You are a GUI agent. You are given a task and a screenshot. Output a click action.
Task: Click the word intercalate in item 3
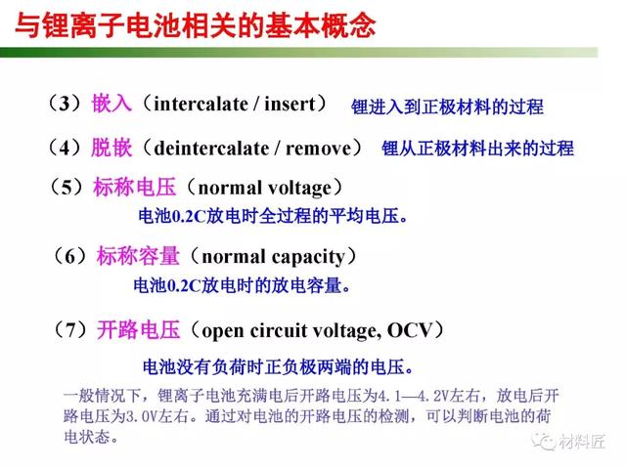201,105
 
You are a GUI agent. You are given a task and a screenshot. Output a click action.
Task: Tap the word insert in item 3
290,105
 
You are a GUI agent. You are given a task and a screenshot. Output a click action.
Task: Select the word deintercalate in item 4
211,149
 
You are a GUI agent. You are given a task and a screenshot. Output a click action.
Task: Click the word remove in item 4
318,149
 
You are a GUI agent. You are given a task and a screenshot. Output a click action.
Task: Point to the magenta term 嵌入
112,104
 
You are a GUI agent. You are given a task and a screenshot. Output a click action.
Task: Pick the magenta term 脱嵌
112,148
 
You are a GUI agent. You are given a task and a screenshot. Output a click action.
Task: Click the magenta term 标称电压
135,187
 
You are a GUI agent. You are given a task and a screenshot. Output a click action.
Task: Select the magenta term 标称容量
138,256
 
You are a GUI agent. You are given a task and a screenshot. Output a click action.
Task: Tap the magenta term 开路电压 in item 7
139,330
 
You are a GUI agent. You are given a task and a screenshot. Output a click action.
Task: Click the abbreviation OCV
410,330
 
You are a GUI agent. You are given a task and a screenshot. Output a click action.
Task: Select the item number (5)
67,187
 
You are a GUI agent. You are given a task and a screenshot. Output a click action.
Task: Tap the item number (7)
70,330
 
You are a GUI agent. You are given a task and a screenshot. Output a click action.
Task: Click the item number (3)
65,104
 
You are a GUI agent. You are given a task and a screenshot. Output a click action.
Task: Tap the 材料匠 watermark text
582,442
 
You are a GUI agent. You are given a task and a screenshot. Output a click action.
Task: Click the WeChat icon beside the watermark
544,441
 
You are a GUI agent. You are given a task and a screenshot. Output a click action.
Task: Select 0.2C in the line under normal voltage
189,217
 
